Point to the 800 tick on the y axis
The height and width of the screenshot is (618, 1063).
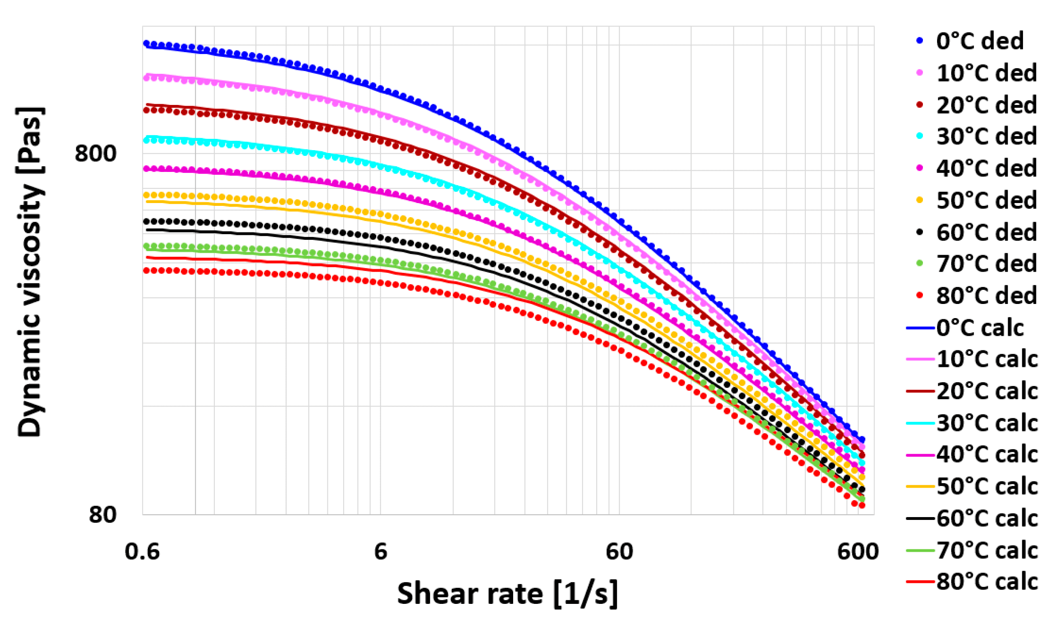[95, 153]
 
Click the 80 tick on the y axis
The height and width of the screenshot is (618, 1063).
[103, 515]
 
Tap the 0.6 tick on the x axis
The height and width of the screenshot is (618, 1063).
[142, 551]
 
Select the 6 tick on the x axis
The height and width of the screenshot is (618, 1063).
[380, 551]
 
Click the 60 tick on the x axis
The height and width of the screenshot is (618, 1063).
[619, 551]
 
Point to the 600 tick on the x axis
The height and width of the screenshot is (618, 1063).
[858, 551]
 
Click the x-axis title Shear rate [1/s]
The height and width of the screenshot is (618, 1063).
[507, 593]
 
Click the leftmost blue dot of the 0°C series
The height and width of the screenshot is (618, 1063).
[147, 44]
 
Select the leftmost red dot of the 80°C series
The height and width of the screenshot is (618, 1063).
[147, 270]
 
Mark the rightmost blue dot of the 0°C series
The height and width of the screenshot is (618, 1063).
[862, 440]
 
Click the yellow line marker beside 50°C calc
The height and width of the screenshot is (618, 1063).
[920, 486]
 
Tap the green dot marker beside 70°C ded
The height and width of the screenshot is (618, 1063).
[920, 264]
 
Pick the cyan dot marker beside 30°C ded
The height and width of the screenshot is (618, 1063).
[920, 136]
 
